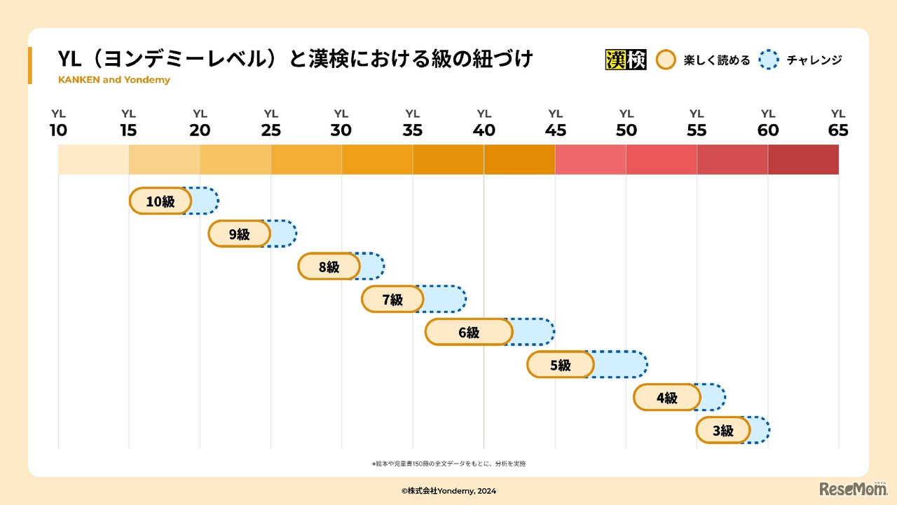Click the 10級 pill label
tap(160, 201)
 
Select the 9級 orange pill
tap(239, 234)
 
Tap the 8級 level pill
tap(329, 267)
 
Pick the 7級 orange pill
tap(392, 299)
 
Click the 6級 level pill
tap(468, 332)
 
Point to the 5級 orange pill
tap(561, 365)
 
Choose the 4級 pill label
tap(666, 398)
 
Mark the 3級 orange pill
tap(723, 431)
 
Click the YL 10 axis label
tap(58, 123)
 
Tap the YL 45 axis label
tap(555, 123)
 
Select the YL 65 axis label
tap(838, 123)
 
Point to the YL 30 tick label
tap(341, 123)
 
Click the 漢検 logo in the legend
tap(625, 60)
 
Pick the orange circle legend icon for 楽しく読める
tap(665, 60)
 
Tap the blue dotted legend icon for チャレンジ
tap(769, 60)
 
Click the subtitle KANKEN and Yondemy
tap(114, 80)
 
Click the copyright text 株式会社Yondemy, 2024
tap(448, 491)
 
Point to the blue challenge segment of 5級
tap(619, 365)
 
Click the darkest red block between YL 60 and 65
tap(803, 159)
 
